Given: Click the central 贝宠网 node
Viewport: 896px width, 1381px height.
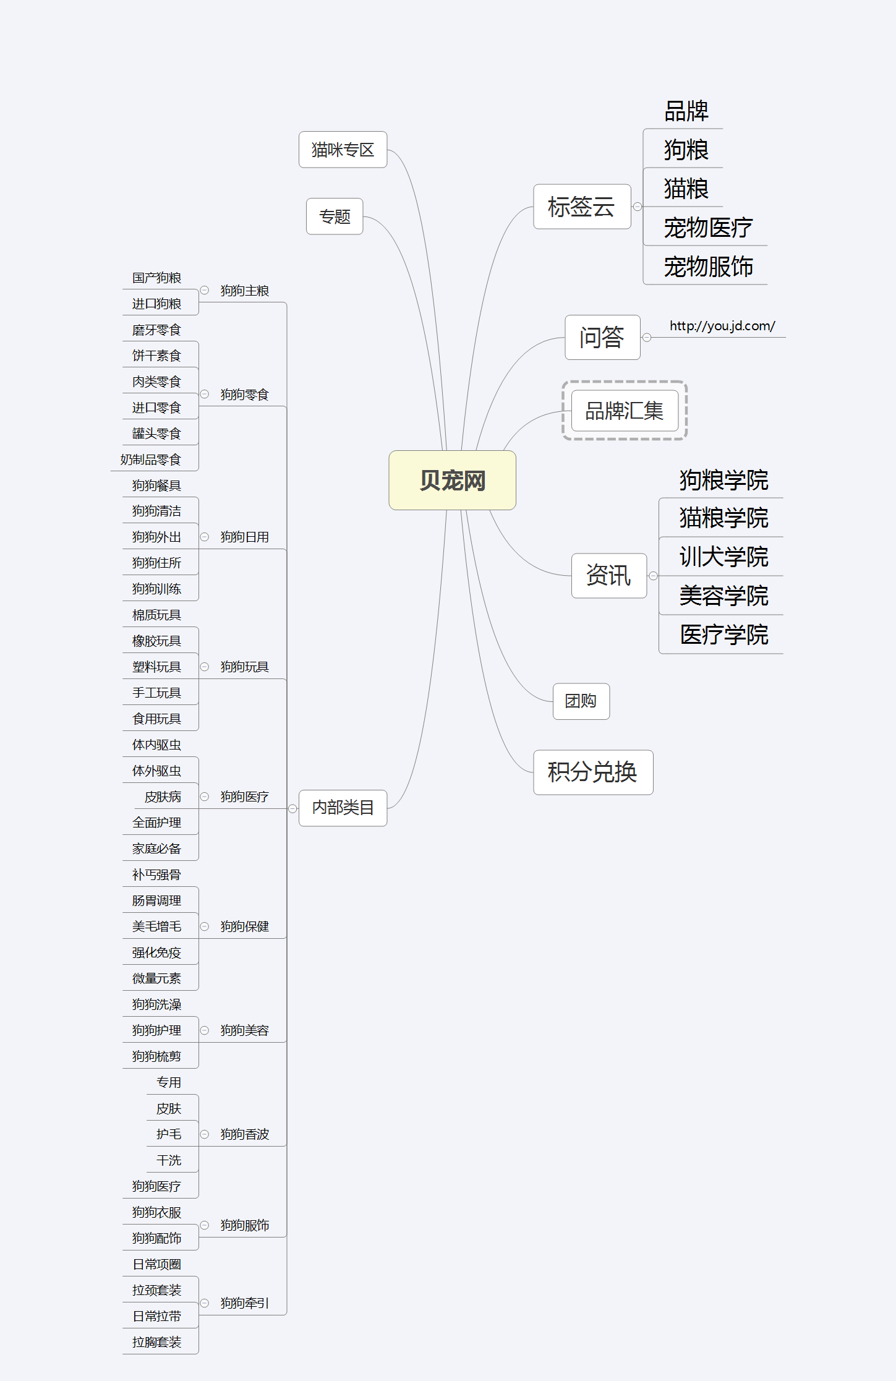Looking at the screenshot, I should pyautogui.click(x=452, y=481).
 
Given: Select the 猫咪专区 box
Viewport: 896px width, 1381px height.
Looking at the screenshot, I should pyautogui.click(x=343, y=150).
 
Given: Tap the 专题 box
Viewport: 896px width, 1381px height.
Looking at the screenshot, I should pyautogui.click(x=335, y=216).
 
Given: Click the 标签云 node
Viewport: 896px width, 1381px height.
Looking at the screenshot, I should pyautogui.click(x=581, y=207).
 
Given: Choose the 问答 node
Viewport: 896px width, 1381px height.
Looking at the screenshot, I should pyautogui.click(x=602, y=337).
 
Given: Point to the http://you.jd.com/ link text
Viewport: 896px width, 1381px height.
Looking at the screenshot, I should pyautogui.click(x=722, y=326).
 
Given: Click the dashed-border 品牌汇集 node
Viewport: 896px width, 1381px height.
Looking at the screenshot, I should pyautogui.click(x=624, y=411).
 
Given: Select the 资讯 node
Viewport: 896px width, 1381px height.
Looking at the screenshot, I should pyautogui.click(x=608, y=575).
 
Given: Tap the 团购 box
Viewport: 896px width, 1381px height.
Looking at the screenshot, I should pyautogui.click(x=581, y=701).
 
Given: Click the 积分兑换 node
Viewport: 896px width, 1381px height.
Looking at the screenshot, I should pyautogui.click(x=592, y=772).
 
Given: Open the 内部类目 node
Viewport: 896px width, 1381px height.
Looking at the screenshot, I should pyautogui.click(x=343, y=808).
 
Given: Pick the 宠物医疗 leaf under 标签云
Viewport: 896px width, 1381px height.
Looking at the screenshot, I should pyautogui.click(x=708, y=228).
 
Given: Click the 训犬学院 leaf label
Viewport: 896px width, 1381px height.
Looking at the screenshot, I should pyautogui.click(x=723, y=557).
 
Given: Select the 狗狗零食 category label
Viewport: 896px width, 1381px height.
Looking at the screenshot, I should pyautogui.click(x=244, y=395).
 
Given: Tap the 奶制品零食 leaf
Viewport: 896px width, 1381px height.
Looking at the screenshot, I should pyautogui.click(x=150, y=460).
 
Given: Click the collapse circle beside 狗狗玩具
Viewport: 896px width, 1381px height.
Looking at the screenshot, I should pyautogui.click(x=205, y=667).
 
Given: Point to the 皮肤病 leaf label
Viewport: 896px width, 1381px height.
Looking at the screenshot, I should pyautogui.click(x=163, y=797).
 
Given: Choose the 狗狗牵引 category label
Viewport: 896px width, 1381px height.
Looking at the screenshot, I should pyautogui.click(x=244, y=1303).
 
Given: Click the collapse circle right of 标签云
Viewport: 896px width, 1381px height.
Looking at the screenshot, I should pyautogui.click(x=638, y=207).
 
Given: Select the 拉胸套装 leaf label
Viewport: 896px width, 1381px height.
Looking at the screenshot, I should pyautogui.click(x=156, y=1342).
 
